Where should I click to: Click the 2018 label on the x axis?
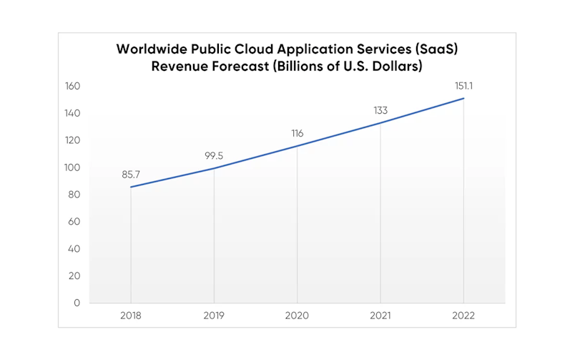[131, 316]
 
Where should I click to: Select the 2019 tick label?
[214, 316]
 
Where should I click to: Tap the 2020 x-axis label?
[297, 316]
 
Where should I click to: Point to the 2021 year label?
[380, 316]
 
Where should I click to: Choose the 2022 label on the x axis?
[463, 316]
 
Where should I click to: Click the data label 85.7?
[131, 174]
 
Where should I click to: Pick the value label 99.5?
[214, 155]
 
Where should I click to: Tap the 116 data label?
[297, 133]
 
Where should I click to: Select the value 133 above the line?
[380, 110]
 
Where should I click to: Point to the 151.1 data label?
[463, 86]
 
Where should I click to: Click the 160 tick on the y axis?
[73, 87]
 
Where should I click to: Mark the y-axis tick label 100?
[73, 167]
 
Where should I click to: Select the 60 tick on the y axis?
[75, 222]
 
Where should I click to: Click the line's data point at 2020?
[297, 146]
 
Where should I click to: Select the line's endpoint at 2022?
[463, 99]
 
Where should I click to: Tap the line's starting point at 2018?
[131, 187]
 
